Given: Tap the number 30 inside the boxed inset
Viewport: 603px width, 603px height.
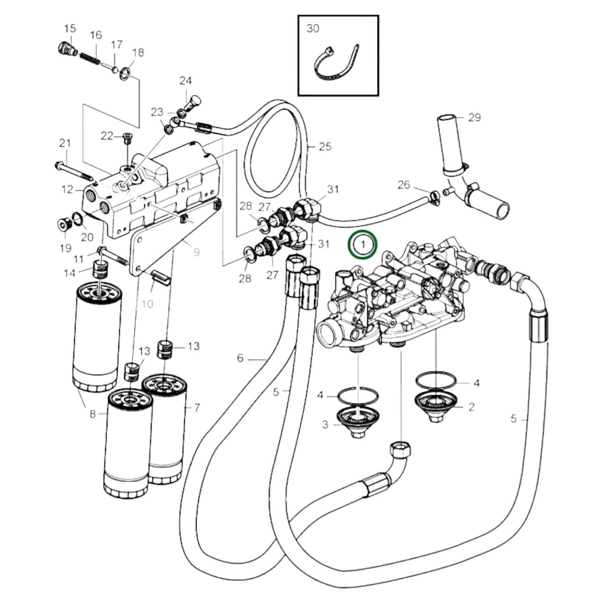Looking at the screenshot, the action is click(313, 28).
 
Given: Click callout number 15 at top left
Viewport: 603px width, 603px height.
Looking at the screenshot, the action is click(70, 28).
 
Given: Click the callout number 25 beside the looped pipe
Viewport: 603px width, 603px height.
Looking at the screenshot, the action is click(325, 146).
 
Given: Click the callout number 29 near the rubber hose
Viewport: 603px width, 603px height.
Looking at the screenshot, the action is click(474, 118).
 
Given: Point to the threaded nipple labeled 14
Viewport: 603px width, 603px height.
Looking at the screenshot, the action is click(101, 270).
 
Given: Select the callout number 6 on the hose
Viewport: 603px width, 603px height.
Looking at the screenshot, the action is click(240, 358).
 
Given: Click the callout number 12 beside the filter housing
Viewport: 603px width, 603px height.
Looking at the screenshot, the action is click(67, 189).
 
